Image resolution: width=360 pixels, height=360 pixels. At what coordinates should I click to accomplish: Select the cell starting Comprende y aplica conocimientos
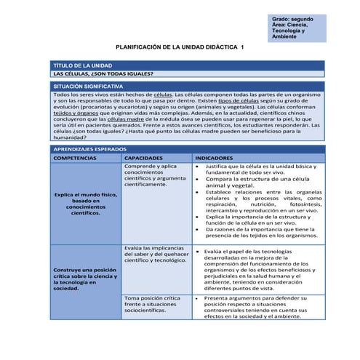pyautogui.click(x=155, y=175)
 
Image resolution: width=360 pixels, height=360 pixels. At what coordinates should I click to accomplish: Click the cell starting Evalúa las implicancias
pyautogui.click(x=155, y=254)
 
